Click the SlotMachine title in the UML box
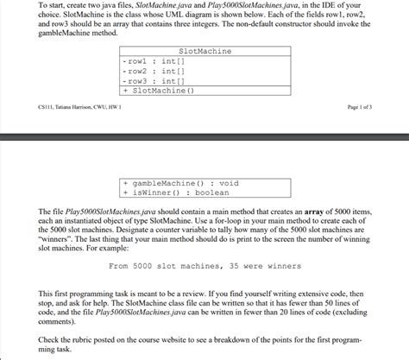point(204,52)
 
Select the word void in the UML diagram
point(228,183)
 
